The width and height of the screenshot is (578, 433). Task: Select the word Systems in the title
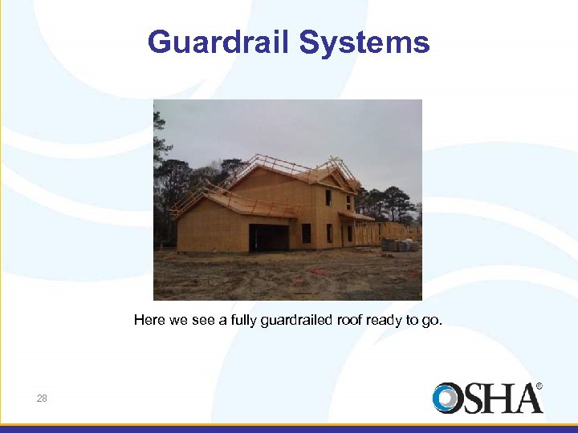[x=364, y=42]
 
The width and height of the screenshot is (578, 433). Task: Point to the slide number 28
[x=42, y=398]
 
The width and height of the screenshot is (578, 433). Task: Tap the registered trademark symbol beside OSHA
[x=539, y=386]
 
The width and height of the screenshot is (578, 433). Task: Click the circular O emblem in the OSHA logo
[x=446, y=399]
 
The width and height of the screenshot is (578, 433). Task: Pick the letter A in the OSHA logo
[x=525, y=399]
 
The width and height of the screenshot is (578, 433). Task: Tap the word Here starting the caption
[x=149, y=321]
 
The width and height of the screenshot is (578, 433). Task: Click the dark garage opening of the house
[x=269, y=237]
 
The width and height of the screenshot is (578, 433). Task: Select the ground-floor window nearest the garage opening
[x=306, y=233]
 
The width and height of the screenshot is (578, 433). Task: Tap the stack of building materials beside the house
[x=399, y=245]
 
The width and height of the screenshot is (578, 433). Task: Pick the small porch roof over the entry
[x=356, y=216]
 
